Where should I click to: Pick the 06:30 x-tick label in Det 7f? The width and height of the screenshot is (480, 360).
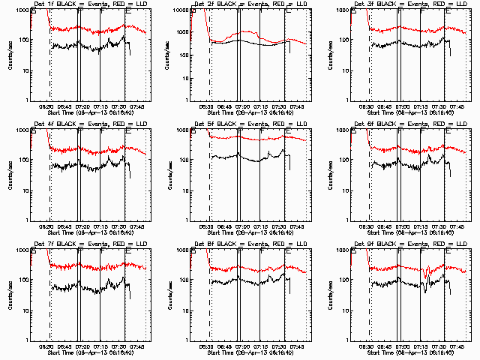(x=46, y=346)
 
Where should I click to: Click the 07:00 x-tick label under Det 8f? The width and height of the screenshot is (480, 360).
(x=241, y=346)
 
